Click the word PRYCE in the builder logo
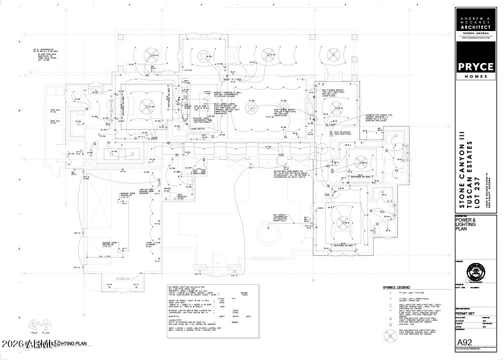coord(475,66)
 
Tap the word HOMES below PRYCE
coord(475,76)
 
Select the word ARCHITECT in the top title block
coord(475,27)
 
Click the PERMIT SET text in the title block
coord(465,312)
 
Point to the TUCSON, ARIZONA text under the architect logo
coord(475,33)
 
